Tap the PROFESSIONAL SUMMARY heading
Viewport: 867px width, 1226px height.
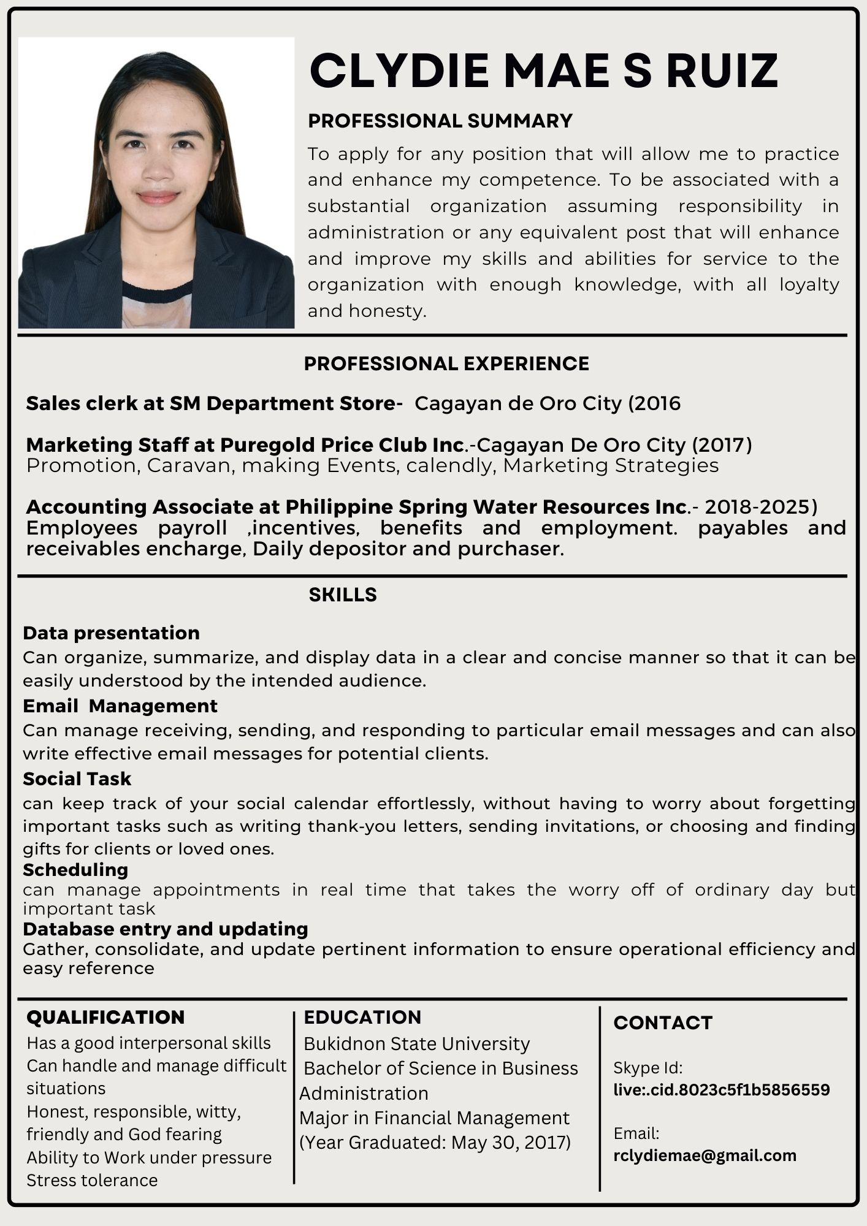pos(440,121)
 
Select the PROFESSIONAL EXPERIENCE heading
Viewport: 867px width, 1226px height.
pos(446,364)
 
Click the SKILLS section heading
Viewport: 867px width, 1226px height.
pos(343,595)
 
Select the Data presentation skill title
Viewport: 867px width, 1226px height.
pos(111,633)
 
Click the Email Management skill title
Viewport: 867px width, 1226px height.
pos(120,706)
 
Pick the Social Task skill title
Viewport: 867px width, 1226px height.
pos(77,779)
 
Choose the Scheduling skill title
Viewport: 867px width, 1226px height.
pos(75,869)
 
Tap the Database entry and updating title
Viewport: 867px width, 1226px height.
pos(166,929)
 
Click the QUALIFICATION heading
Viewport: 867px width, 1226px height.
pos(105,1017)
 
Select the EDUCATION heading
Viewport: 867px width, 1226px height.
pos(362,1017)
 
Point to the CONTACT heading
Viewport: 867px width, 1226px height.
pos(663,1022)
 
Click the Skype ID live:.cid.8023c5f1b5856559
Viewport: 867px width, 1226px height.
pos(722,1089)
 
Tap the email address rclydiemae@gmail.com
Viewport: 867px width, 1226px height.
pos(705,1156)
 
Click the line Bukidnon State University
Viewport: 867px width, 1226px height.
pos(417,1043)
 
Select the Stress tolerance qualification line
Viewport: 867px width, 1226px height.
pos(92,1180)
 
